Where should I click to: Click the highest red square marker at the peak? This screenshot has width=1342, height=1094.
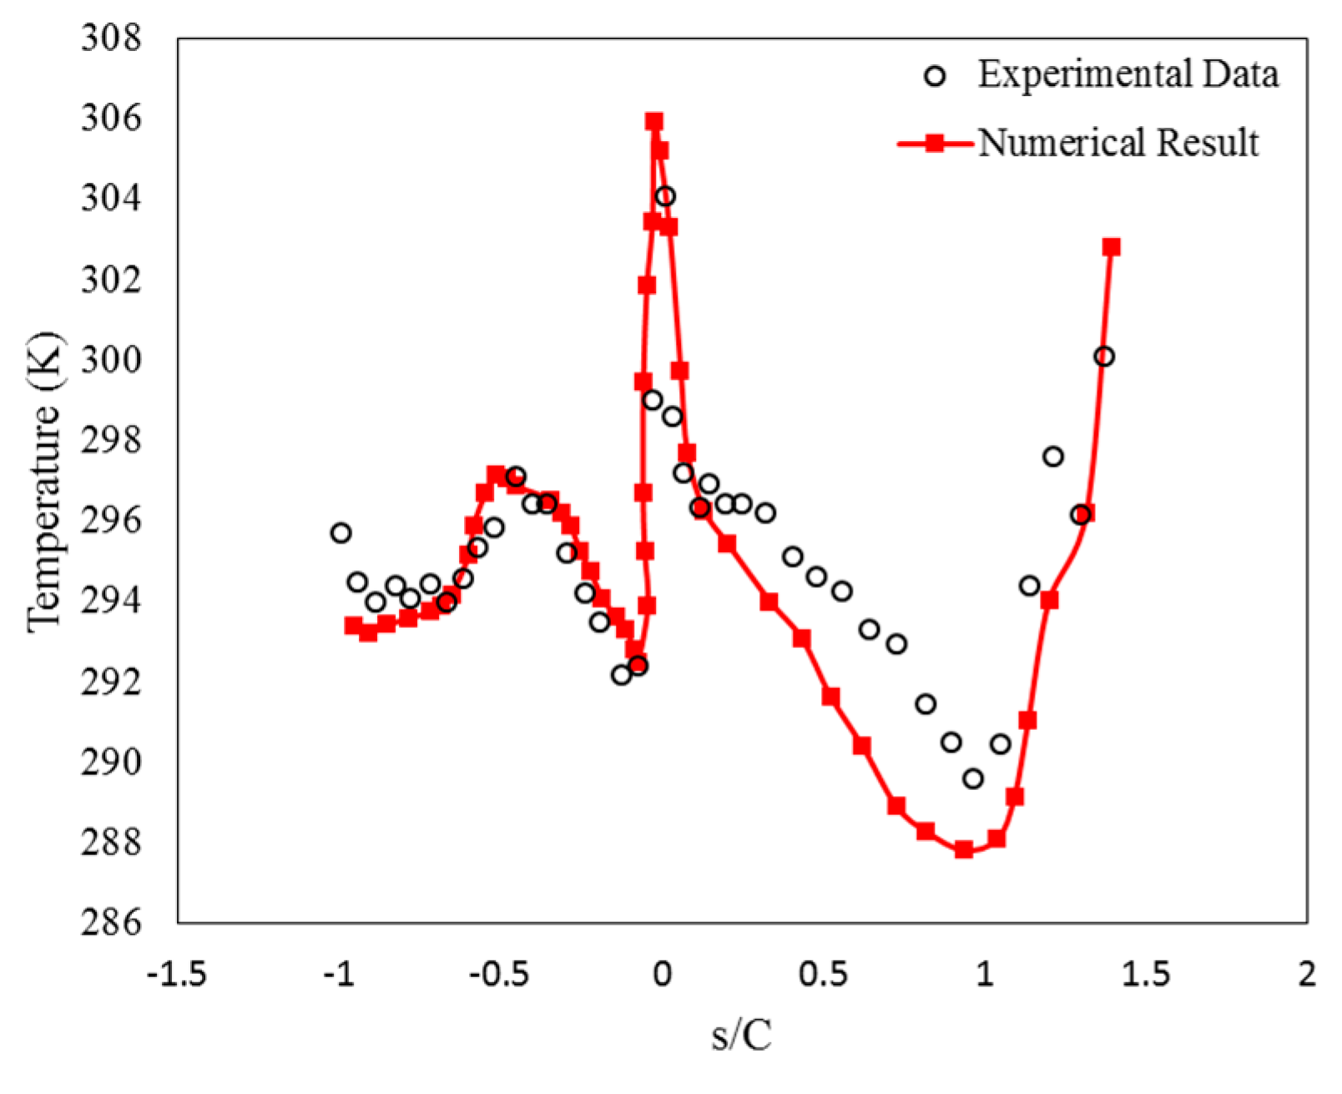[654, 122]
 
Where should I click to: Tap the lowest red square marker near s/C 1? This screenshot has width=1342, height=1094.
[964, 849]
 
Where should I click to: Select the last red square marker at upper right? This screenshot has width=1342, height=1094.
[1111, 247]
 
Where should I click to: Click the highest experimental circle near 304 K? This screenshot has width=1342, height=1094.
[665, 197]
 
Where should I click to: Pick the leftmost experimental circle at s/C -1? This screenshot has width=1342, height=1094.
[341, 533]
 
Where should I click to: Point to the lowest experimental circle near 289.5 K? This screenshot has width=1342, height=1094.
[972, 779]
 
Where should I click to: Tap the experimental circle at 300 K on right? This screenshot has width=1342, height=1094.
[1103, 357]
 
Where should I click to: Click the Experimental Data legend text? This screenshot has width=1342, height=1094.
[1128, 75]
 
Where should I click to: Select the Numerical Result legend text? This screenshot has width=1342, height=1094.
[1118, 143]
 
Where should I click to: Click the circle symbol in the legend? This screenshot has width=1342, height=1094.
[936, 77]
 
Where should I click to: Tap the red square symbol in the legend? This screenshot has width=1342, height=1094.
[936, 144]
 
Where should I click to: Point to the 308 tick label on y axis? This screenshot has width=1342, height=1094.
[112, 38]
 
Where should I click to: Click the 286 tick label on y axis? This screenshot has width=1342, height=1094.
[112, 923]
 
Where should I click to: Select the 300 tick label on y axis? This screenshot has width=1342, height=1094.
[112, 360]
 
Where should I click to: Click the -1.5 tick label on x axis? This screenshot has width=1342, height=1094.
[176, 974]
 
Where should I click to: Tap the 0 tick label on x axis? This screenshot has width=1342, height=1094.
[661, 974]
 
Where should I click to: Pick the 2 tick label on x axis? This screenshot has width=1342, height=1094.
[1307, 974]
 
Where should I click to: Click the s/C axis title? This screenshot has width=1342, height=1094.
[742, 1036]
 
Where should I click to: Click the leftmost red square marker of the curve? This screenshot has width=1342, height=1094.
[353, 626]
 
